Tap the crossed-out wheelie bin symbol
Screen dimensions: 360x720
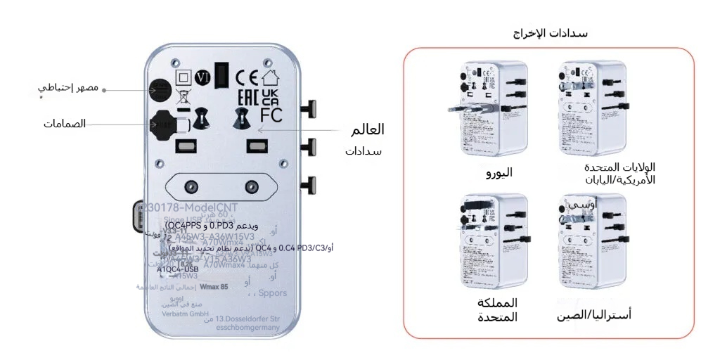point(182,97)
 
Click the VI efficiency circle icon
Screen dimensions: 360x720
point(203,77)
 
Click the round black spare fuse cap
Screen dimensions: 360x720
point(161,89)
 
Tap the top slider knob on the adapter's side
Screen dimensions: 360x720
point(309,109)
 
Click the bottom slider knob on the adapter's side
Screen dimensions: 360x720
point(309,185)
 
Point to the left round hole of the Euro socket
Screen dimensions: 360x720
point(189,186)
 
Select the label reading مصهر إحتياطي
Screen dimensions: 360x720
point(68,89)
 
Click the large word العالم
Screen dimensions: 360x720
point(367,130)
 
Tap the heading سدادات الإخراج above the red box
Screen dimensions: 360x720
point(551,33)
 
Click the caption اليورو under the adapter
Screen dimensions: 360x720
point(499,172)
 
